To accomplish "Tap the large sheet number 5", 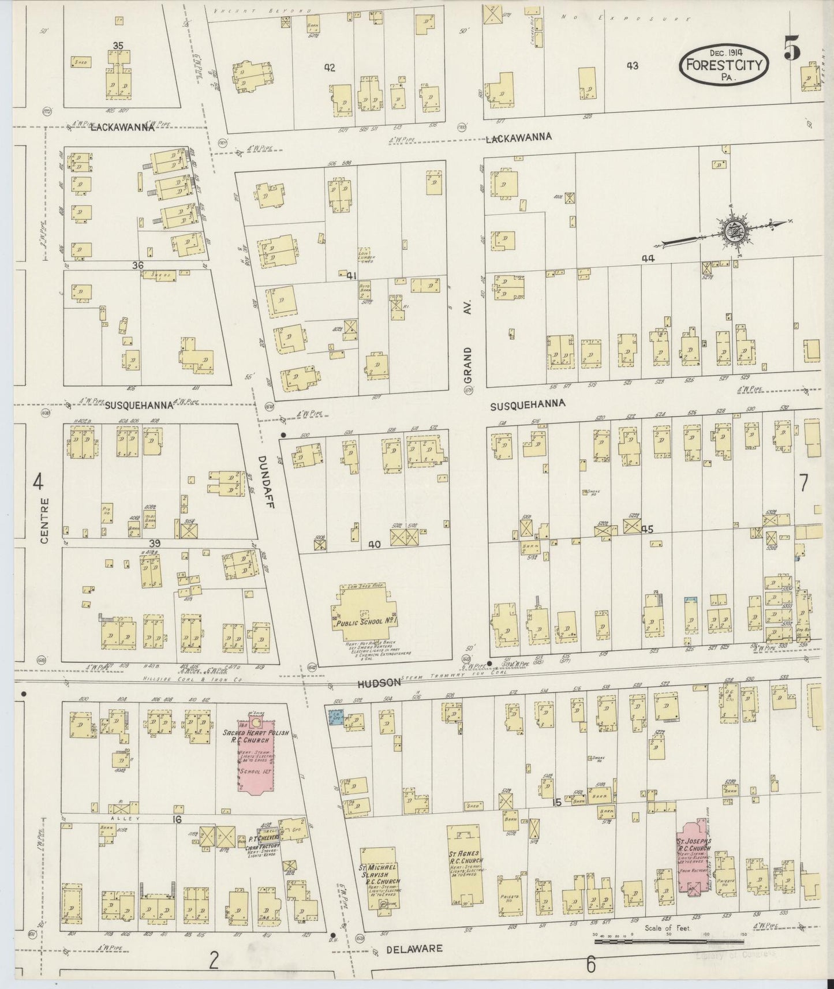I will tap(791, 47).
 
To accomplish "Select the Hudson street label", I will tap(379, 682).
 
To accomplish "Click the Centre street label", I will tap(45, 520).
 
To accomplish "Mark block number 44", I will tap(648, 260).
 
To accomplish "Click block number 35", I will tap(118, 45).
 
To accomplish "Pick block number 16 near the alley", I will tap(177, 820).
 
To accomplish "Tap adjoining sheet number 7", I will tap(803, 484).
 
